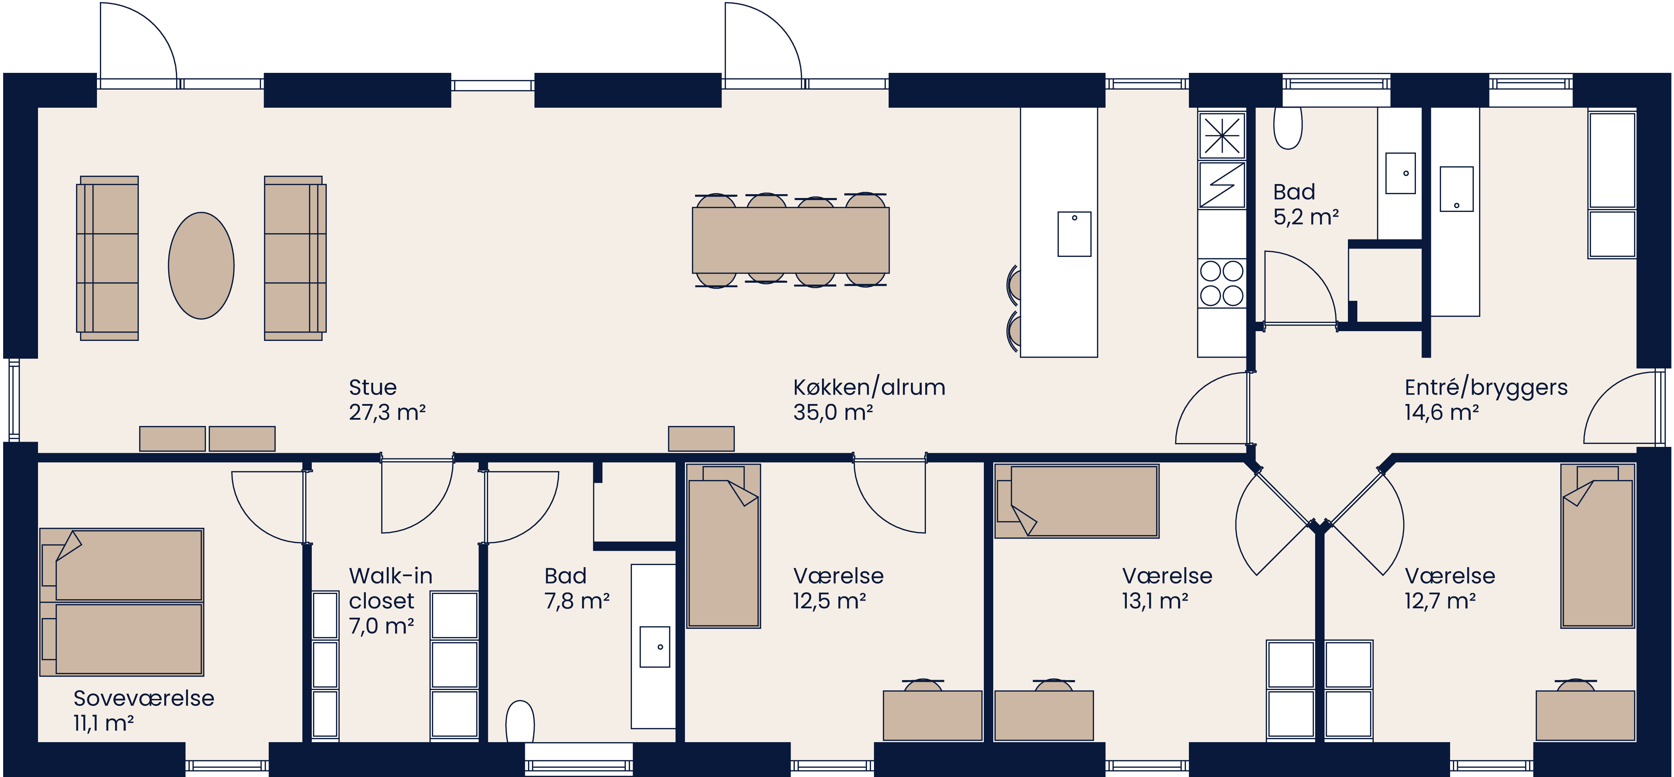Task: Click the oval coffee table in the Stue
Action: [202, 266]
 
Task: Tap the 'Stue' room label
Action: [372, 387]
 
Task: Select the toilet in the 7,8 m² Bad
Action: [520, 721]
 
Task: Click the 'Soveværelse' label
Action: [144, 698]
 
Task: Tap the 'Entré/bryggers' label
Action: [1486, 387]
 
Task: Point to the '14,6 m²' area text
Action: [1441, 412]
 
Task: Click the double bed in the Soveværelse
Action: [121, 602]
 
